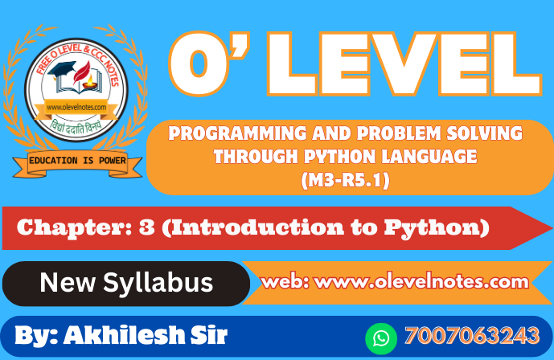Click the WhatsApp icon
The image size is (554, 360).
tap(381, 338)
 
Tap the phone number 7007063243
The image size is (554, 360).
tap(472, 335)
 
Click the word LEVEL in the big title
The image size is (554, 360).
tap(404, 63)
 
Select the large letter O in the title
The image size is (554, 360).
tap(199, 63)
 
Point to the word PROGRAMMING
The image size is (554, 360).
tap(237, 133)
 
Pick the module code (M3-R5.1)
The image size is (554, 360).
tap(346, 180)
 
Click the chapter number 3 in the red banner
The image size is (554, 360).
tap(146, 227)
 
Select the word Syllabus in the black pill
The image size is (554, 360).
tap(158, 284)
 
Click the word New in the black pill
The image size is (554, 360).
tap(68, 282)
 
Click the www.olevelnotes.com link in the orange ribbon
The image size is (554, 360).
tap(421, 282)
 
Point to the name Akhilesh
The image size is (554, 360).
tap(125, 334)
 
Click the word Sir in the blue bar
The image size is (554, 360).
tap(209, 334)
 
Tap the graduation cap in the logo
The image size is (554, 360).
tap(62, 69)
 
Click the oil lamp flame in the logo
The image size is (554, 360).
tap(90, 79)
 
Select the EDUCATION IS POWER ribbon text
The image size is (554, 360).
tap(77, 161)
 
